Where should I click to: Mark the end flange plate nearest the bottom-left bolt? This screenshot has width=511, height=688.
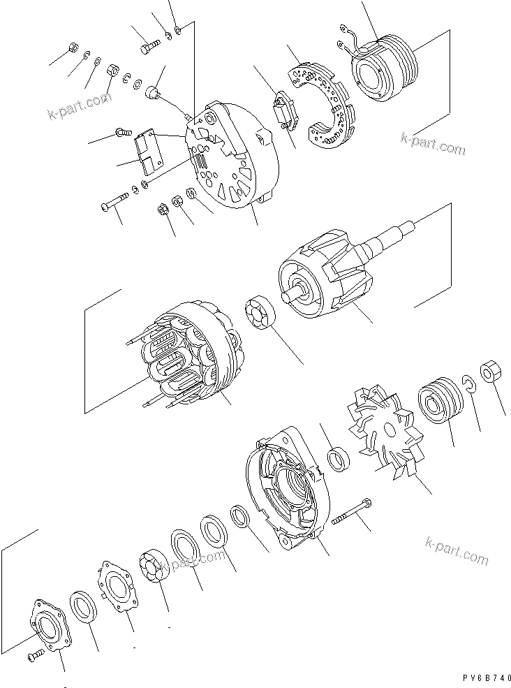(x=52, y=624)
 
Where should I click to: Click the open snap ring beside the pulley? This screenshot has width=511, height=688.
(x=470, y=383)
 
